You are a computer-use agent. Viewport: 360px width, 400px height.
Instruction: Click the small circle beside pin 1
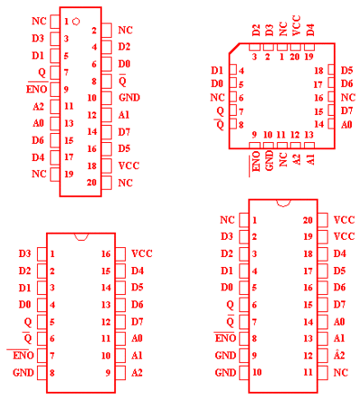coord(76,22)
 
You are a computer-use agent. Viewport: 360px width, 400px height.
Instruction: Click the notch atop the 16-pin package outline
coord(81,237)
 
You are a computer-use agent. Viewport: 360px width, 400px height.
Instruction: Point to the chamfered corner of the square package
coord(234,49)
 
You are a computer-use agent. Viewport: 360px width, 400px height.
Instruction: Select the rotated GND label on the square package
coord(269,160)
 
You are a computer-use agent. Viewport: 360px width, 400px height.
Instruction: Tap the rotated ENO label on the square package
coord(256,161)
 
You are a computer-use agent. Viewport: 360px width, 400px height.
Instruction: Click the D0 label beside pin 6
coord(124,64)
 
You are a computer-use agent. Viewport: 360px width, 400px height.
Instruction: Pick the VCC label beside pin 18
coord(129,165)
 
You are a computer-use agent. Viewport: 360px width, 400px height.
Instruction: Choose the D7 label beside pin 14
coord(124,132)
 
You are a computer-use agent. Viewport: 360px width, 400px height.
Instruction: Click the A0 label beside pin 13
coord(38,123)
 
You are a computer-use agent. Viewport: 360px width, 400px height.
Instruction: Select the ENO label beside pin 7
coord(23,355)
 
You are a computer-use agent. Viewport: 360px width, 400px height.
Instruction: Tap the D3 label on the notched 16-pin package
coord(24,253)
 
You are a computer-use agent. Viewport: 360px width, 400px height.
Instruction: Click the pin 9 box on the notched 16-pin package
coord(121,373)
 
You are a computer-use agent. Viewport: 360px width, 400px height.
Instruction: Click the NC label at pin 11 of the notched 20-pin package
coord(340,372)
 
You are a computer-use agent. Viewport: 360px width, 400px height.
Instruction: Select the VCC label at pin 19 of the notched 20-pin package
coord(344,236)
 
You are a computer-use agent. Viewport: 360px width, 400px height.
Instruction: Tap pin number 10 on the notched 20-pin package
coord(257,372)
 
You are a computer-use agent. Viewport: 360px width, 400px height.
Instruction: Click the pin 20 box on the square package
coord(295,47)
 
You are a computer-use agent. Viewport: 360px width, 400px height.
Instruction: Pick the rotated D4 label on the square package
coord(310,30)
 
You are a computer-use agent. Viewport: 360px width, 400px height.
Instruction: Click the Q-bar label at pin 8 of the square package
coord(220,124)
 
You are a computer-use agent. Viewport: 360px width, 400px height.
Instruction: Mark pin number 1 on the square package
coord(282,57)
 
